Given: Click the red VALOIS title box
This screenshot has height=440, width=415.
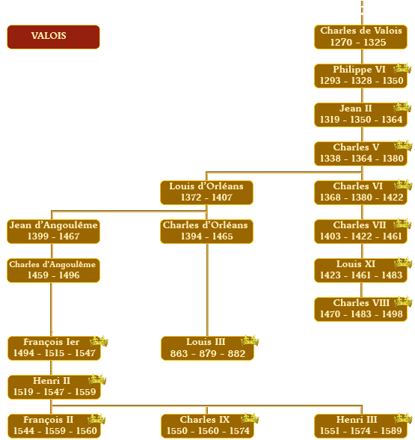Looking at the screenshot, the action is click(x=53, y=37).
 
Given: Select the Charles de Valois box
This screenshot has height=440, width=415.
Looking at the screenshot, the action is click(x=360, y=37).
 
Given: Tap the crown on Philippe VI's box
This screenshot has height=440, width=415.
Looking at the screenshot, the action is click(x=402, y=68).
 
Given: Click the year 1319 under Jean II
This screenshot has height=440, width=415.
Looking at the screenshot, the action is click(x=330, y=120).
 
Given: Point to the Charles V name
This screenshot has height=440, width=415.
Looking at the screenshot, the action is click(x=356, y=147).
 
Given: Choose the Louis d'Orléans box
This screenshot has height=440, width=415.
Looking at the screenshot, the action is click(x=206, y=192).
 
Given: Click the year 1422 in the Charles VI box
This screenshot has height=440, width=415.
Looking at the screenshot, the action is click(x=393, y=198).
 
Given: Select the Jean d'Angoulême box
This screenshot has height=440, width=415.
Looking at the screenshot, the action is click(x=53, y=231).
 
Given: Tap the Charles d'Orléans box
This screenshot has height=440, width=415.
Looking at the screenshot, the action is click(x=206, y=231).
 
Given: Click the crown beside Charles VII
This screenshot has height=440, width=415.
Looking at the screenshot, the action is click(x=402, y=224).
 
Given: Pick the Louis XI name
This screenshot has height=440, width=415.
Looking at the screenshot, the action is click(x=356, y=264).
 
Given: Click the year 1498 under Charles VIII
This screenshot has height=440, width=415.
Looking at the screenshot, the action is click(x=393, y=314).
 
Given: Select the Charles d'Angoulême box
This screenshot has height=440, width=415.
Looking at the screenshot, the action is click(x=53, y=271).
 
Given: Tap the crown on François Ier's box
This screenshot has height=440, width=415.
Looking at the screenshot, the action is click(x=99, y=341).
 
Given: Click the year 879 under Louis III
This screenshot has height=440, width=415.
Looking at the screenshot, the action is click(x=208, y=353).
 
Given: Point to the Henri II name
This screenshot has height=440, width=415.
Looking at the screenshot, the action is click(x=52, y=381).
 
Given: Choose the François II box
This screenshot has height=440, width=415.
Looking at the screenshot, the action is click(x=54, y=426).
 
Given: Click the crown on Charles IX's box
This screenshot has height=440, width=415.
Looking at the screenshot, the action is click(x=250, y=418).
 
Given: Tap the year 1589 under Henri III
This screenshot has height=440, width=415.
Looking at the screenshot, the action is click(x=392, y=431).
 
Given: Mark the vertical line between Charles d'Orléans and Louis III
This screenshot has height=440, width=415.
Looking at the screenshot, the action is click(x=207, y=290).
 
